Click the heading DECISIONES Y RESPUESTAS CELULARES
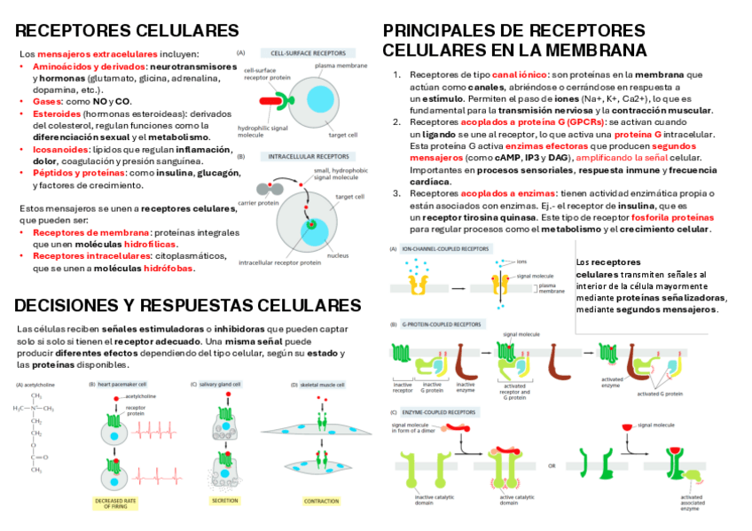pyautogui.click(x=187, y=306)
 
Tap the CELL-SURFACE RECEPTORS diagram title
pyautogui.click(x=308, y=52)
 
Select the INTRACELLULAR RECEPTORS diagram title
pyautogui.click(x=307, y=156)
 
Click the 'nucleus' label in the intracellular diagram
pyautogui.click(x=337, y=255)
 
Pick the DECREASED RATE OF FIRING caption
pyautogui.click(x=115, y=504)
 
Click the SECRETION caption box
pyautogui.click(x=224, y=501)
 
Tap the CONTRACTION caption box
pyautogui.click(x=321, y=501)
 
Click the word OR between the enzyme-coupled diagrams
pyautogui.click(x=552, y=465)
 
